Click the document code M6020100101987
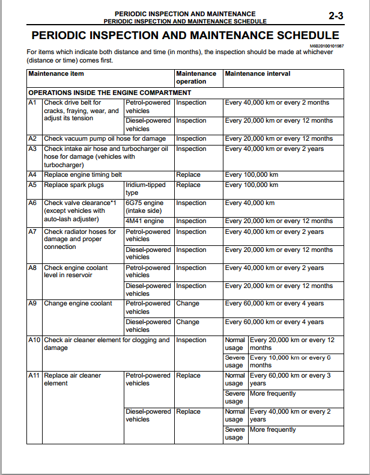(327, 46)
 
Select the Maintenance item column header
(56, 74)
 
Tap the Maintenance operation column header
(196, 78)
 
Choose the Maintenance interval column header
(258, 74)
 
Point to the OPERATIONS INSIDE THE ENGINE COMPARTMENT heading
(110, 93)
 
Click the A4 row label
(33, 175)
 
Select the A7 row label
(33, 232)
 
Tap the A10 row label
(34, 340)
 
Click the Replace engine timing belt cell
(83, 175)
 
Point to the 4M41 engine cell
(144, 221)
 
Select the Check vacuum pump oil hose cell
(105, 139)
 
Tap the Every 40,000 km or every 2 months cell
(277, 103)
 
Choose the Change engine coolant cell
(78, 304)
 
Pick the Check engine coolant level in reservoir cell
(76, 272)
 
